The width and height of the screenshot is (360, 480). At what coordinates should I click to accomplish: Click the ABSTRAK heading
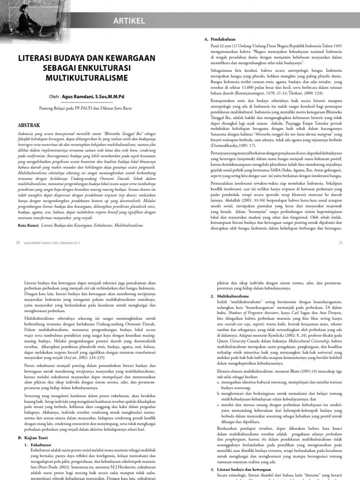click(x=29, y=126)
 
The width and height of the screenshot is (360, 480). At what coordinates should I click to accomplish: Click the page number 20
click(x=18, y=242)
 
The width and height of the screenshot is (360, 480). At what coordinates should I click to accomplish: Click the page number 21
click(x=341, y=242)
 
